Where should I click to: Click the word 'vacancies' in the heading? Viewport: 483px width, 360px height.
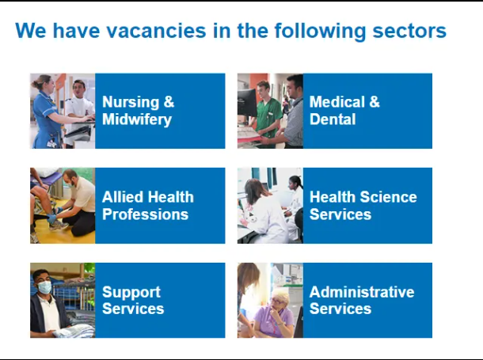157,31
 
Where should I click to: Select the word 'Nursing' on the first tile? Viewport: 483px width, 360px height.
131,102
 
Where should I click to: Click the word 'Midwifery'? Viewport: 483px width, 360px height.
136,119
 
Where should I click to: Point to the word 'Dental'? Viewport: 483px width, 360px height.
333,119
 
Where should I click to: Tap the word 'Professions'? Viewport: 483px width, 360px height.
145,214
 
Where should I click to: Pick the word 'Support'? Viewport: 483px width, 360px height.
131,292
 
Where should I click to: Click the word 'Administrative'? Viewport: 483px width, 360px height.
362,292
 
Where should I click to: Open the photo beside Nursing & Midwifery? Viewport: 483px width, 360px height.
63,111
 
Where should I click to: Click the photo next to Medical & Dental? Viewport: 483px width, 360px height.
270,111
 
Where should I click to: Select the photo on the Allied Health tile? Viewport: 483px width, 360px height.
63,206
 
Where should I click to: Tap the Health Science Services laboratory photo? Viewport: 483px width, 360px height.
270,206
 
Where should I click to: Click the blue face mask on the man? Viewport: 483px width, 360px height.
46,287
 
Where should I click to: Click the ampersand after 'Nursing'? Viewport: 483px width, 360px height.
169,102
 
